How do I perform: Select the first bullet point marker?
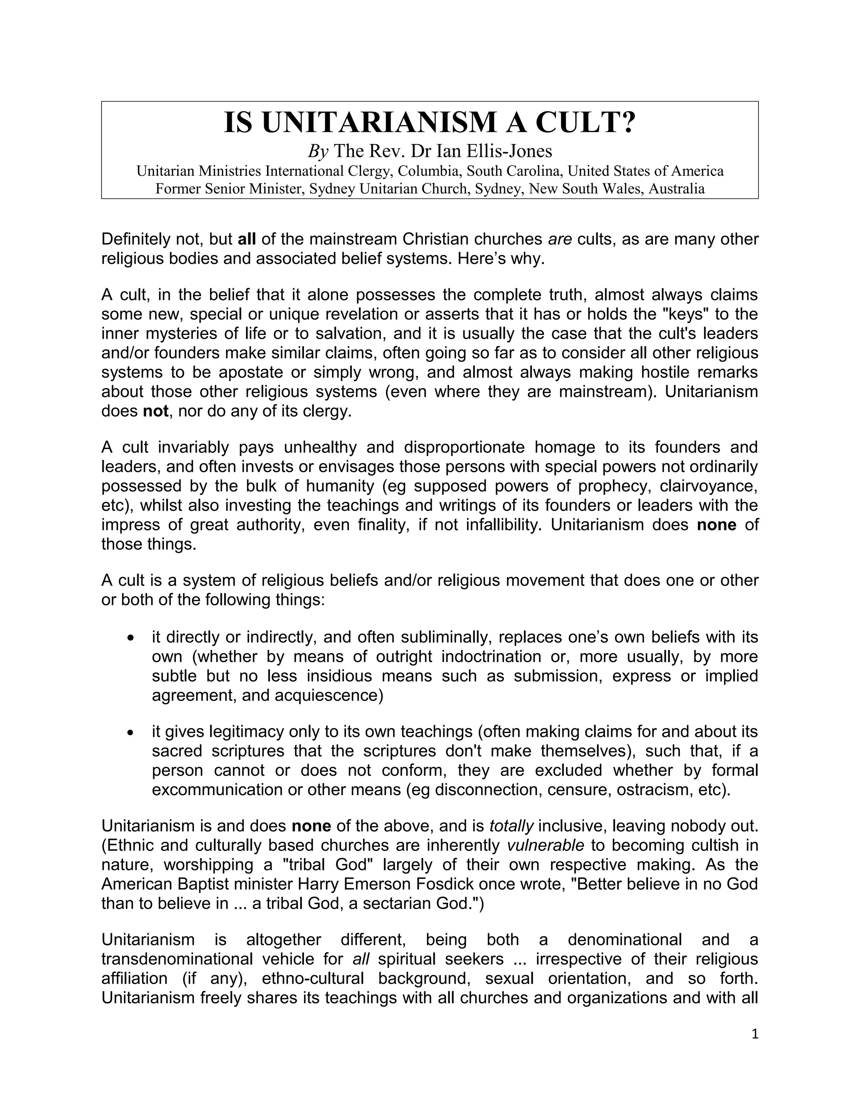pyautogui.click(x=131, y=637)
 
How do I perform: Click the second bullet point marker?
pyautogui.click(x=131, y=732)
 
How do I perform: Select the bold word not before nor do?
pyautogui.click(x=155, y=411)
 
